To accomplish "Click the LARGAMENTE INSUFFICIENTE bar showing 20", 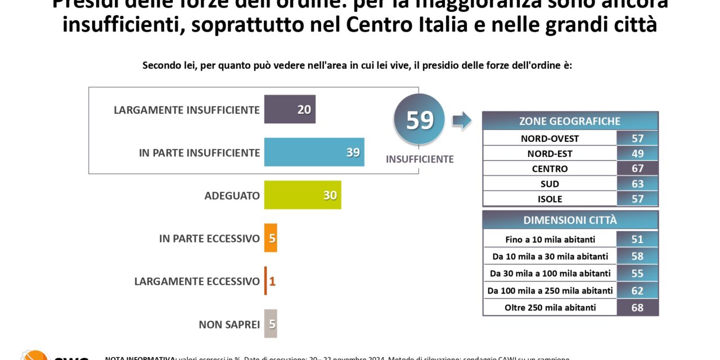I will pyautogui.click(x=290, y=109).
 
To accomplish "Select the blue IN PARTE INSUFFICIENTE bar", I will pyautogui.click(x=314, y=152).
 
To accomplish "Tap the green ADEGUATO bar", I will pyautogui.click(x=302, y=195).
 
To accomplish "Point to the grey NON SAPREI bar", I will pyautogui.click(x=271, y=324).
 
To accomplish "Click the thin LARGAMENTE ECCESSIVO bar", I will pyautogui.click(x=265, y=281).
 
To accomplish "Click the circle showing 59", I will pyautogui.click(x=419, y=120).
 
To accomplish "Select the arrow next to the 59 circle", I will pyautogui.click(x=462, y=120).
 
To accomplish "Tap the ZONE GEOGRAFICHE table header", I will pyautogui.click(x=570, y=121).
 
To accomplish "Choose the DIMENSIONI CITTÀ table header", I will pyautogui.click(x=570, y=220).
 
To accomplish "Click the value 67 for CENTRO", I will pyautogui.click(x=637, y=169).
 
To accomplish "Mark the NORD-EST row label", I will pyautogui.click(x=550, y=154).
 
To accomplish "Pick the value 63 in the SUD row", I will pyautogui.click(x=637, y=184).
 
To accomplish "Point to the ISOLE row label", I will pyautogui.click(x=550, y=199).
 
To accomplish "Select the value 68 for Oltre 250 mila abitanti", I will pyautogui.click(x=637, y=308).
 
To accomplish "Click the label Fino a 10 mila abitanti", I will pyautogui.click(x=550, y=240).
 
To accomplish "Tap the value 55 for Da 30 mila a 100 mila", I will pyautogui.click(x=637, y=273).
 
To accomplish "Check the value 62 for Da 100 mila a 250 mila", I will pyautogui.click(x=637, y=291).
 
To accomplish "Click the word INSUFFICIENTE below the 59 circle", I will pyautogui.click(x=419, y=159).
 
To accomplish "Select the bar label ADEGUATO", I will pyautogui.click(x=232, y=196).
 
